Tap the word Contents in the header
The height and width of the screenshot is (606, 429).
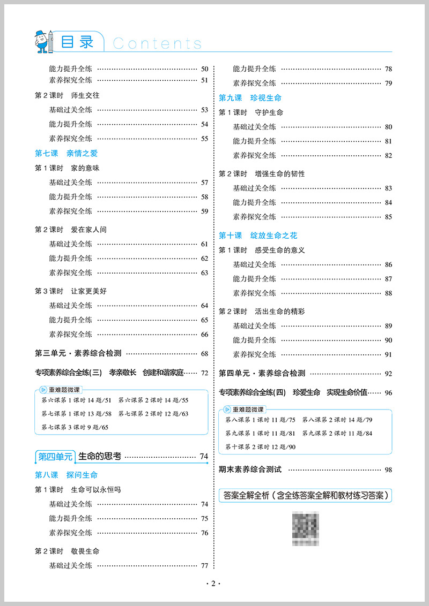[x=157, y=43]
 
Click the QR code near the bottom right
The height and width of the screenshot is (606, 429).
[x=305, y=528]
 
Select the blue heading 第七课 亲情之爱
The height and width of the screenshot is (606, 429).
[x=66, y=153]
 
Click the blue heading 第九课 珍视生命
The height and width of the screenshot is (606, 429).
[x=250, y=98]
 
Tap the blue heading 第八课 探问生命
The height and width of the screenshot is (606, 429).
[x=66, y=475]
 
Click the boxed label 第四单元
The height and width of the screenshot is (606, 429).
[x=55, y=457]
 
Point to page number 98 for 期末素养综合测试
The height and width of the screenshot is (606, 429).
[x=388, y=470]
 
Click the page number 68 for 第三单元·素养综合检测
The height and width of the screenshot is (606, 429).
[x=204, y=354]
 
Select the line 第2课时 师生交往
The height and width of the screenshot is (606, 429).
[x=67, y=95]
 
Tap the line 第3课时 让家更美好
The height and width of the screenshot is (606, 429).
[x=67, y=291]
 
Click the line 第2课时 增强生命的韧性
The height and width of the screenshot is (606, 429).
[x=262, y=174]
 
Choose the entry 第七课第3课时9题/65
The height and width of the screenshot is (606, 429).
[x=75, y=427]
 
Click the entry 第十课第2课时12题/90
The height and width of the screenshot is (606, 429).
[x=261, y=446]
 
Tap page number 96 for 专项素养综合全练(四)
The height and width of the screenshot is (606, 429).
[x=388, y=393]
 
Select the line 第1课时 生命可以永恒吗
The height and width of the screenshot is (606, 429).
[x=78, y=490]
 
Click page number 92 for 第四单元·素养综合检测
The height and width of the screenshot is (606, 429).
[x=388, y=374]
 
